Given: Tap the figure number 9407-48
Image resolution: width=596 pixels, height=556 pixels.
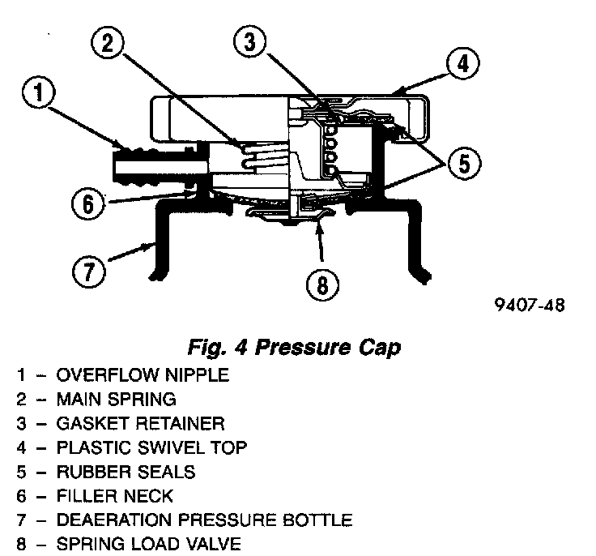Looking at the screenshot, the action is coord(530,306).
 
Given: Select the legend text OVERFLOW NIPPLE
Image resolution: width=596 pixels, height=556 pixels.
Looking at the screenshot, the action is coord(143,375).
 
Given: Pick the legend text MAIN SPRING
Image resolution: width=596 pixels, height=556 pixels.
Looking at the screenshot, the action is coord(116,400).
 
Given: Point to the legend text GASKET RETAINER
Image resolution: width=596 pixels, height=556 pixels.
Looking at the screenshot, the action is coord(140,424).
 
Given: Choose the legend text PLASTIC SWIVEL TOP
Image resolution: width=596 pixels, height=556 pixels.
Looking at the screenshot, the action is coord(151,447).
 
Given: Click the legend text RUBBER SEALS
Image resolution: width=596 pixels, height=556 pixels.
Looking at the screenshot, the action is coord(126,472).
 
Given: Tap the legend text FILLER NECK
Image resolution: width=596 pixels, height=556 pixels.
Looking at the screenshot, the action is coord(114,496).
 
